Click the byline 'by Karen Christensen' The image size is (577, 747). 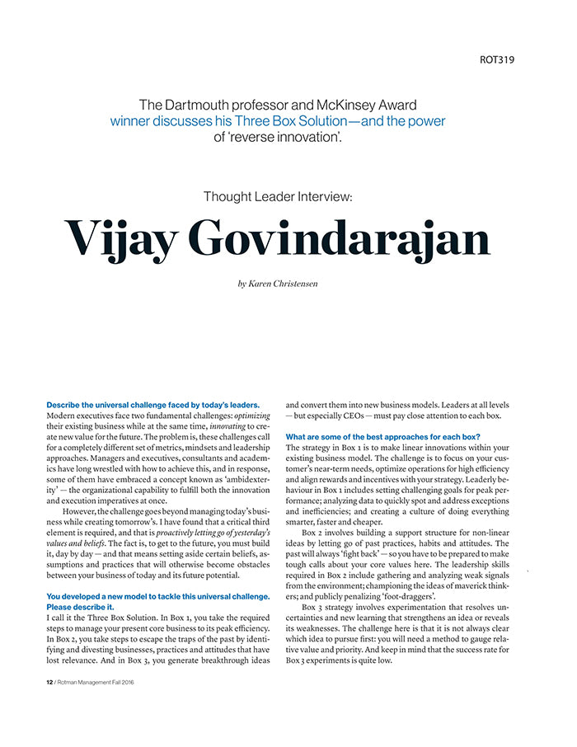coord(277,284)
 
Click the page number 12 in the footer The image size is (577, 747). coord(49,683)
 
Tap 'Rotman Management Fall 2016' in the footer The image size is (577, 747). coord(106,683)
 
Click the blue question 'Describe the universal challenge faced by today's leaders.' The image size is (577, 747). coord(153,405)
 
